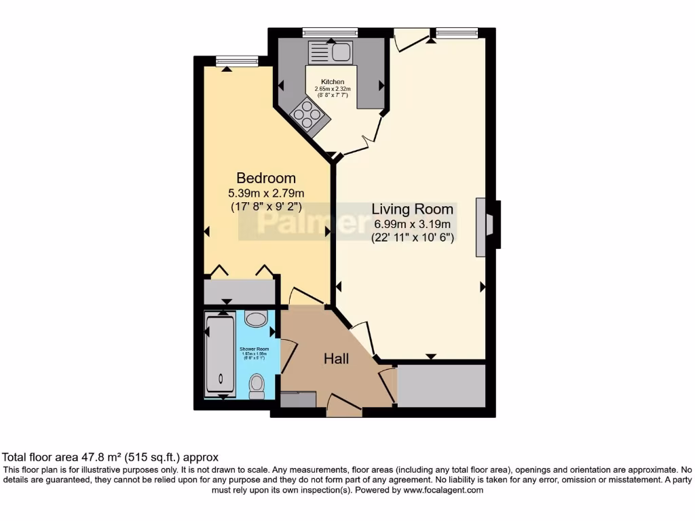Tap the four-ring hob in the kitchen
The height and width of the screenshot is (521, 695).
[309, 115]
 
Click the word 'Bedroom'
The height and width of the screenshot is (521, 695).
[266, 178]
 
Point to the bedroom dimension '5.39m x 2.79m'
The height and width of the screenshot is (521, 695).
[266, 193]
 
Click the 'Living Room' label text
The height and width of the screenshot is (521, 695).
[413, 210]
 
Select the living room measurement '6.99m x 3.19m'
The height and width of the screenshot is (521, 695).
[413, 225]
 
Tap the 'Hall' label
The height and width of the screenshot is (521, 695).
[336, 358]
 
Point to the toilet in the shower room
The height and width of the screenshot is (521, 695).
[257, 386]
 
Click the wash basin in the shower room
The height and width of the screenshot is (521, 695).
[255, 319]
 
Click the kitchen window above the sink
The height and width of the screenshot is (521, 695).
[330, 32]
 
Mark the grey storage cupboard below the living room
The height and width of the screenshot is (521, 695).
[441, 385]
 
